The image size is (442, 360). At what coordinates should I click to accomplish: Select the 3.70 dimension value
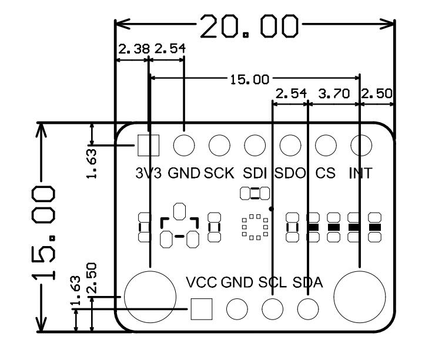click(x=333, y=93)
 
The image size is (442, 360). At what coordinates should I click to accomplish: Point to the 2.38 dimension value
click(x=133, y=51)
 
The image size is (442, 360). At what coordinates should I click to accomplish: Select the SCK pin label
click(x=219, y=173)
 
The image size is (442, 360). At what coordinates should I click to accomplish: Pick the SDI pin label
click(x=256, y=173)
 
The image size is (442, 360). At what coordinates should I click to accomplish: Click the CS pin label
click(x=325, y=173)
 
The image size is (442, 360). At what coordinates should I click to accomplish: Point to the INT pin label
click(x=361, y=173)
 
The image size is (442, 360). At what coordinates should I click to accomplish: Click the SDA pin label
click(x=308, y=282)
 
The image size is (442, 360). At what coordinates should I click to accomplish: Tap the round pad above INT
click(x=361, y=144)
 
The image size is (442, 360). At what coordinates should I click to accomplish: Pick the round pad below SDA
click(x=307, y=308)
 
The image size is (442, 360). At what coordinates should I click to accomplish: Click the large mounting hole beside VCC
click(x=150, y=296)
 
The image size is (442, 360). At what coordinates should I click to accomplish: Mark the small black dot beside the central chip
click(x=271, y=208)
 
